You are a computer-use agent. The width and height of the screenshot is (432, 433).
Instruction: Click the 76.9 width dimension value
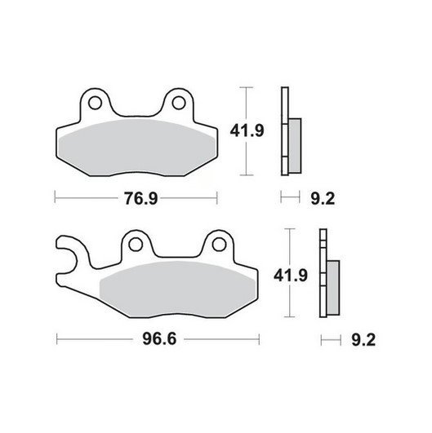(140, 198)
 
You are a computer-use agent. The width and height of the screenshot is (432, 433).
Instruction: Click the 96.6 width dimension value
(159, 339)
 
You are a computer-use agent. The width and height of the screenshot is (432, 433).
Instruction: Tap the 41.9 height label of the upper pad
(247, 130)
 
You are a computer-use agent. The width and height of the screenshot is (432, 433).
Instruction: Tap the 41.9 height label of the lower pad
(291, 276)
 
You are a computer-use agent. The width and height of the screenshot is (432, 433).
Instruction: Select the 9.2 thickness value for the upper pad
(323, 198)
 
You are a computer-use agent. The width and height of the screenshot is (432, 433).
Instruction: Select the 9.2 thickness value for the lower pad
(363, 340)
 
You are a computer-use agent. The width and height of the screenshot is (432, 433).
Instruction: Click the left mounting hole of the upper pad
(95, 103)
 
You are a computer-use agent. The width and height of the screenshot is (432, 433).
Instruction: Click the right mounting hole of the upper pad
(179, 103)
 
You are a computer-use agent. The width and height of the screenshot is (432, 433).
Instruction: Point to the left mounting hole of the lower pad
(136, 245)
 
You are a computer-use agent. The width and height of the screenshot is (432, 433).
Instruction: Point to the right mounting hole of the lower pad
(219, 245)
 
